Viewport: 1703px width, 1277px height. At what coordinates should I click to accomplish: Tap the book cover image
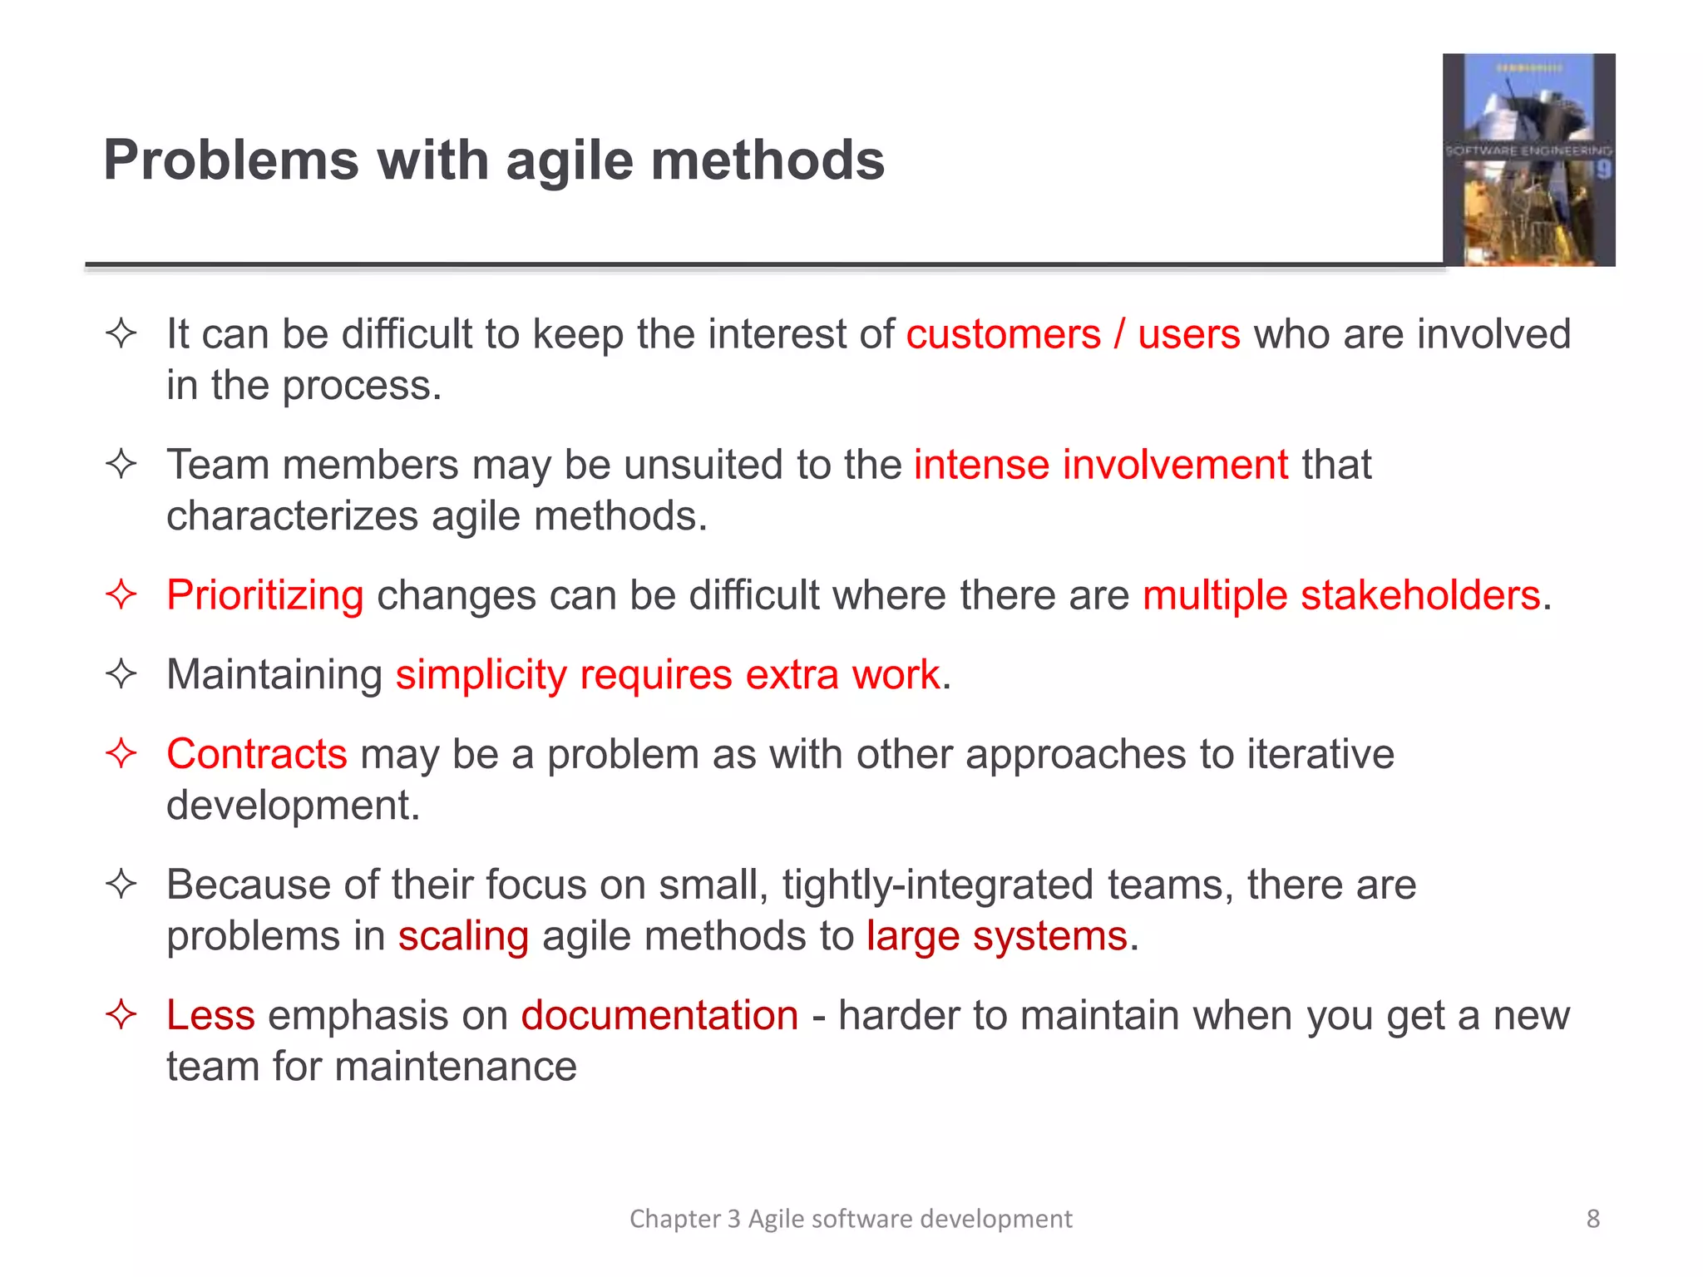pos(1528,160)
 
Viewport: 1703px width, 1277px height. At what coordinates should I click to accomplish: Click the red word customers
pos(1003,334)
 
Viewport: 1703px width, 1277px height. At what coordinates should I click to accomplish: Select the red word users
pos(1188,334)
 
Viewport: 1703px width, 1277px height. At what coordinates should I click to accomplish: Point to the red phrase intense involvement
pos(1101,464)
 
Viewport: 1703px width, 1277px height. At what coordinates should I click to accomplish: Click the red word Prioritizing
pos(264,595)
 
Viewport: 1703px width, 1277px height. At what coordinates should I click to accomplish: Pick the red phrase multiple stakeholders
pos(1341,595)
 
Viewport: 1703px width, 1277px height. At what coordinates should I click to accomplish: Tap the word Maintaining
pos(274,674)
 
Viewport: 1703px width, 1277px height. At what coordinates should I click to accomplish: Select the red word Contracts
pos(256,754)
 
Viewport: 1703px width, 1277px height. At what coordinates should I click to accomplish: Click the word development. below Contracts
pos(293,805)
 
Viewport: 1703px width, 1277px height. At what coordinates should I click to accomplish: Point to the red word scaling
pos(463,936)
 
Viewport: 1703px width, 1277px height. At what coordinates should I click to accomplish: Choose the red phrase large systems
pos(996,936)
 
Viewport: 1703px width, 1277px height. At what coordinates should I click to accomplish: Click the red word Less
pos(210,1015)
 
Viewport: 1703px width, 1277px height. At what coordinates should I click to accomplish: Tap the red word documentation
pos(659,1015)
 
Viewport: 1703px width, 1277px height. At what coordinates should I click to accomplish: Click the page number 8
pos(1592,1219)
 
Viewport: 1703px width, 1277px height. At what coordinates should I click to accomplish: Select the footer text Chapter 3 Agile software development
pos(851,1219)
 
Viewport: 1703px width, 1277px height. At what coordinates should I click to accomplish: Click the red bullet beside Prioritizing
pos(121,595)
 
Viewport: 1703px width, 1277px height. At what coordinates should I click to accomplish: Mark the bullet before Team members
pos(121,464)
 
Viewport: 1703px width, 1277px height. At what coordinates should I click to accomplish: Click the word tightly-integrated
pos(936,885)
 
